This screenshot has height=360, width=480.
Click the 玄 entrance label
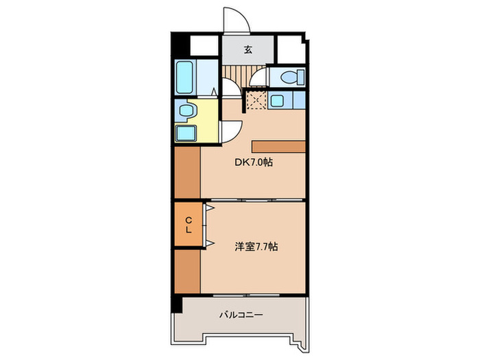coord(247,48)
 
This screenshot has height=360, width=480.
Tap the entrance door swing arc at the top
coord(237,21)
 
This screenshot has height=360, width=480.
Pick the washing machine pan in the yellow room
coord(185,132)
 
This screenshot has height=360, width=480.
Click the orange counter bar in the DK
coord(278,145)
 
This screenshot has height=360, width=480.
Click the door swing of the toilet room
coord(259,77)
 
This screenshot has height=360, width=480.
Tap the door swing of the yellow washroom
coord(231,129)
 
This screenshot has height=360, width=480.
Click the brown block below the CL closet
coord(187,272)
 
